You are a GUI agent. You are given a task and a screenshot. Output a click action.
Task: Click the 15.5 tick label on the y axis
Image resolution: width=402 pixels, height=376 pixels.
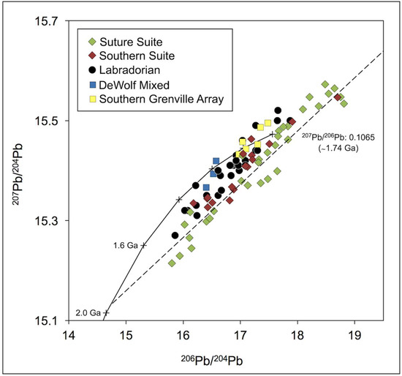(x=47, y=121)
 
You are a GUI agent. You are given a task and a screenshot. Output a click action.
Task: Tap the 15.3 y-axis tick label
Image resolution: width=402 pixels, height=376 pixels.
(x=47, y=220)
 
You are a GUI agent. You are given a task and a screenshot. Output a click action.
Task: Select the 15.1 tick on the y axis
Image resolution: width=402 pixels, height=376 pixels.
(x=47, y=320)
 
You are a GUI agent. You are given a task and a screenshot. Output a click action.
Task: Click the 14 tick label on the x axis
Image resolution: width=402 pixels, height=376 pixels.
(x=68, y=336)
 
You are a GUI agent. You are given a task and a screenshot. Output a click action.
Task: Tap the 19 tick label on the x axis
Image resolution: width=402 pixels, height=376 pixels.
(x=354, y=336)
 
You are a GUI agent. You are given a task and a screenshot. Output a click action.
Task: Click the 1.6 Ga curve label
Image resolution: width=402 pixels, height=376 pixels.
(x=126, y=246)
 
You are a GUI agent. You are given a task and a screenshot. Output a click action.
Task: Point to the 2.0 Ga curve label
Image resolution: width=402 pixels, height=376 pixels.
(x=88, y=314)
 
